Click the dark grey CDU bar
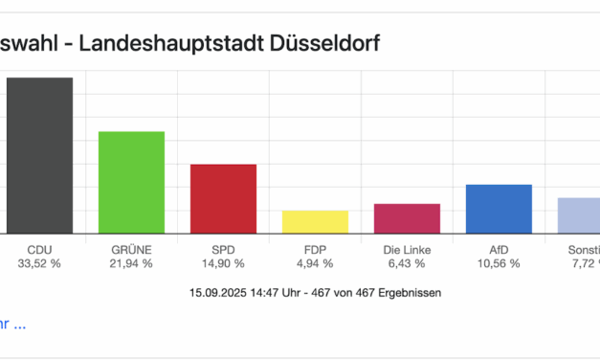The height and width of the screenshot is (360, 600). click(39, 155)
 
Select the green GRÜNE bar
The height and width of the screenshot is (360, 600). click(131, 182)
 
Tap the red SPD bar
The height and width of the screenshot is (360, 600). click(223, 198)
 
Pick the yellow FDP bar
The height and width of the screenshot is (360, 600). click(315, 221)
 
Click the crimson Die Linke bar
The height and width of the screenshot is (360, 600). click(407, 218)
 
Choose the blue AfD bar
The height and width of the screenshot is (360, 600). click(499, 209)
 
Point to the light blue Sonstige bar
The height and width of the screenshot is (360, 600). click(580, 215)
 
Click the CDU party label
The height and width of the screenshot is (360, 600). click(39, 249)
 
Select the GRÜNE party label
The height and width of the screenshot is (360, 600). click(131, 249)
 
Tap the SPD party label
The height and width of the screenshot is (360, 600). click(223, 249)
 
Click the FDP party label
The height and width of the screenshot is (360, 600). click(315, 249)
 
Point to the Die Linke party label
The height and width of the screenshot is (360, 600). click(407, 249)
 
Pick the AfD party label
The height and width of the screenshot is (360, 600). click(499, 249)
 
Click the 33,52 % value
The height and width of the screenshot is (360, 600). click(39, 263)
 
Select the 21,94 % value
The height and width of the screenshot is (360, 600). click(131, 263)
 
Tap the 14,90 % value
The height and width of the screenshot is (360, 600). click(223, 263)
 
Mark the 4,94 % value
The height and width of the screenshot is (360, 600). click(315, 263)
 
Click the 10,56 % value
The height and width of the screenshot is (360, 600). click(499, 263)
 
